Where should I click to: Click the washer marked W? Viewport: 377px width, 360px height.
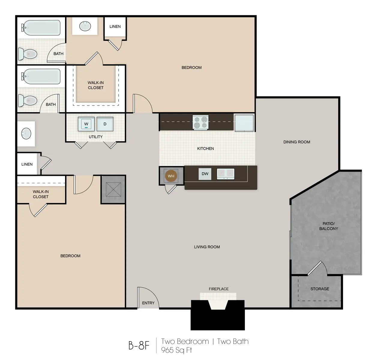tap(86, 124)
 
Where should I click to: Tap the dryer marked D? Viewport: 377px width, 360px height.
tap(105, 124)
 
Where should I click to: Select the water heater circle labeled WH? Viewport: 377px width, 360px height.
tap(171, 176)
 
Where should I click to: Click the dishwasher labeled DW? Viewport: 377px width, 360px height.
tap(205, 174)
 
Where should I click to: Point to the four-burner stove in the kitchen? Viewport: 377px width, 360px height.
tap(200, 122)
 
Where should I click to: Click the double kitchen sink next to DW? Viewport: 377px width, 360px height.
tap(225, 174)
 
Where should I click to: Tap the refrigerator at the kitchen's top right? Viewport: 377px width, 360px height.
tap(244, 123)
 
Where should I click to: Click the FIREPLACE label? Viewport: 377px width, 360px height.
tap(219, 289)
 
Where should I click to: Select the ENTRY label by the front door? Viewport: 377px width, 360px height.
tap(148, 303)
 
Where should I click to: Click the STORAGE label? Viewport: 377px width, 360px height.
tap(320, 289)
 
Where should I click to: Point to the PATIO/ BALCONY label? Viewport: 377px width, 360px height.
tap(328, 226)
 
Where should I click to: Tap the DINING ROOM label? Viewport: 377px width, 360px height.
tap(297, 142)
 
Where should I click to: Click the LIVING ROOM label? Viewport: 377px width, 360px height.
tap(207, 247)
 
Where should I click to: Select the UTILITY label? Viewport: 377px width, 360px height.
tap(95, 137)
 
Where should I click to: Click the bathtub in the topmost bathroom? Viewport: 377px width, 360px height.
tap(41, 28)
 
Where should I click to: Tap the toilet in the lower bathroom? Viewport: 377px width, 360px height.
tap(28, 100)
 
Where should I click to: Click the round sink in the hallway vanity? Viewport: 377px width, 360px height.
tap(26, 133)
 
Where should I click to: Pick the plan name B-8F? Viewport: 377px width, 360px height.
tap(139, 346)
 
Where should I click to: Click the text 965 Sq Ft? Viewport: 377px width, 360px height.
tap(176, 350)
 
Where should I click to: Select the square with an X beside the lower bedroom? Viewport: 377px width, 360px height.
tap(113, 190)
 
